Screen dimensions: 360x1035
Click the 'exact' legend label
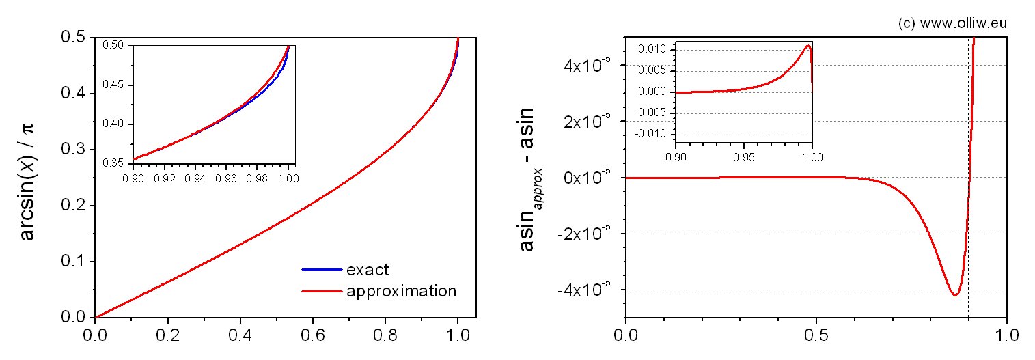click(x=368, y=269)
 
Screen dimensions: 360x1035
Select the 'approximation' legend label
click(x=401, y=291)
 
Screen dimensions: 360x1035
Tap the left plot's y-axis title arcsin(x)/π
click(x=28, y=178)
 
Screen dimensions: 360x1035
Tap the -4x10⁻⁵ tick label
click(x=588, y=290)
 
